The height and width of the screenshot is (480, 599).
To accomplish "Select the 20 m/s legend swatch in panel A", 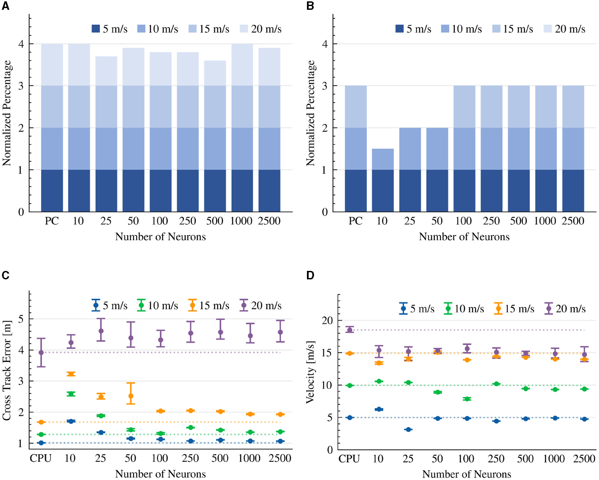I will click(x=244, y=29).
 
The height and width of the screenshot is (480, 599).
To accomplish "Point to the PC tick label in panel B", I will click(x=355, y=221).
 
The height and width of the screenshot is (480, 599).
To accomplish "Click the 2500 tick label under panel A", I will click(x=269, y=221).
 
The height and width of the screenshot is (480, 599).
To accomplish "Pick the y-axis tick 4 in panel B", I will click(x=325, y=44).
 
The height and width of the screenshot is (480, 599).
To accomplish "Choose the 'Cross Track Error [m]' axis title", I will click(x=7, y=370).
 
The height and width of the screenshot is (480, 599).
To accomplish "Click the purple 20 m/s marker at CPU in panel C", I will click(x=41, y=353).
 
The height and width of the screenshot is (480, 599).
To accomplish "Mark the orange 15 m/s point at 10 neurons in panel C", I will click(x=71, y=374).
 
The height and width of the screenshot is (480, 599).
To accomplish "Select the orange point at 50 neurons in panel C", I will click(x=131, y=396).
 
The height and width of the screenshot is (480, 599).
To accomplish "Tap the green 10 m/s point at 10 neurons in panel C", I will click(x=71, y=394).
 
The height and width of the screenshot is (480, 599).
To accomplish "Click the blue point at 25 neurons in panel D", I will click(x=408, y=430).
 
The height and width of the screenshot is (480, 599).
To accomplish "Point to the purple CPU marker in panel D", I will click(x=350, y=330).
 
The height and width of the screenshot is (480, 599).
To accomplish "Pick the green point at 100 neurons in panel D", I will click(x=467, y=399).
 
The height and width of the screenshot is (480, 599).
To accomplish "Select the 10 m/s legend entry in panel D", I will click(x=464, y=308).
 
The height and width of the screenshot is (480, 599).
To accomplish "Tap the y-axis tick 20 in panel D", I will click(x=327, y=320).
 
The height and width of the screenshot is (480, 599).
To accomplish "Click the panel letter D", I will click(x=310, y=275).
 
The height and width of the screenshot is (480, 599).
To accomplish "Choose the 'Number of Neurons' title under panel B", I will click(x=464, y=237).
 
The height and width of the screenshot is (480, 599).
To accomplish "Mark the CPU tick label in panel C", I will click(x=41, y=458).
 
